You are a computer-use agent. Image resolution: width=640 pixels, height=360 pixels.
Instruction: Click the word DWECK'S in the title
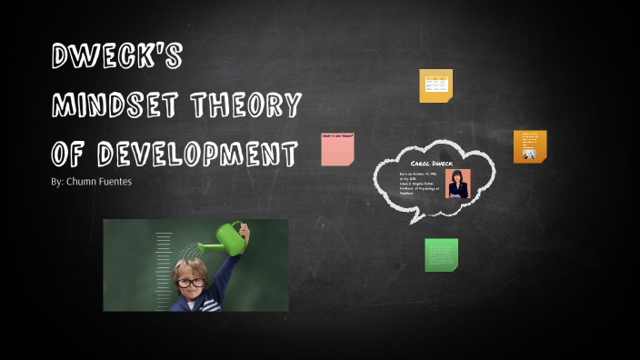point(116,57)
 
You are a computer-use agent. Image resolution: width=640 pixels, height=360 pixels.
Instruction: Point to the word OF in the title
point(69,154)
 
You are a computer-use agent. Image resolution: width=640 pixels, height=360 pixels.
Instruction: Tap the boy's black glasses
point(191,283)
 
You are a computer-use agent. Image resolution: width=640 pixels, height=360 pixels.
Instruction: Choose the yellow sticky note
point(435,85)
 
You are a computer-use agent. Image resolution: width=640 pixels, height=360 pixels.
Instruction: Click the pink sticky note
point(337,150)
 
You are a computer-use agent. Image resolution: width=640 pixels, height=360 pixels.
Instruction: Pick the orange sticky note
point(529,145)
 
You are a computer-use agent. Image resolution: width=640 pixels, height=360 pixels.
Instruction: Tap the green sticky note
point(441,255)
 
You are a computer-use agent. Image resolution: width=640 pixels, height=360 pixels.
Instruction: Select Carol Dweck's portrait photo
point(457,183)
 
